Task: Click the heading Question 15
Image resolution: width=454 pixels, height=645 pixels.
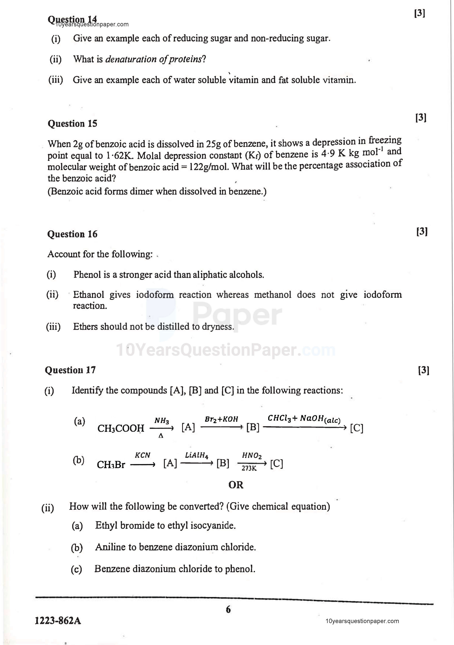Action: [x=72, y=124]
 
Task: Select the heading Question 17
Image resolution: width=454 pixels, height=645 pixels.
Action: [x=70, y=370]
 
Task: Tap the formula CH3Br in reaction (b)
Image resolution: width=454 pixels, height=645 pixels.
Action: [x=111, y=465]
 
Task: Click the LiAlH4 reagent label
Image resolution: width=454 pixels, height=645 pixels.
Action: [x=196, y=455]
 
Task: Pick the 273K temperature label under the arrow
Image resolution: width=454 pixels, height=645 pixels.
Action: [x=249, y=468]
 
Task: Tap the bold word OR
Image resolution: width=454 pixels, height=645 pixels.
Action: [x=236, y=485]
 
